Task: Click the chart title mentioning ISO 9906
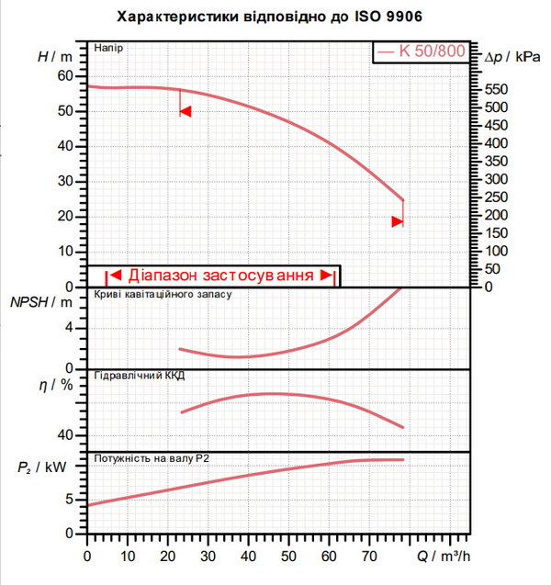click(x=269, y=17)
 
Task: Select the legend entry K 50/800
click(x=422, y=51)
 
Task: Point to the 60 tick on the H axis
click(x=65, y=75)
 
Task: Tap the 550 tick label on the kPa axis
click(x=496, y=90)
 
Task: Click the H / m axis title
click(x=55, y=57)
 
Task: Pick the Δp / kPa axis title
click(x=512, y=57)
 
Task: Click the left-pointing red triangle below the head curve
click(x=186, y=111)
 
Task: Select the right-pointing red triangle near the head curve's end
click(x=398, y=221)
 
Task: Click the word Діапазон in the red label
click(x=163, y=276)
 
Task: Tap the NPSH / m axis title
click(x=41, y=302)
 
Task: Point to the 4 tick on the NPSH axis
click(x=69, y=328)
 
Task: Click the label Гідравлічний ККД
click(x=140, y=376)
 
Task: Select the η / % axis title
click(x=56, y=384)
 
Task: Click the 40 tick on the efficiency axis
click(x=65, y=435)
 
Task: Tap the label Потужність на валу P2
click(x=152, y=458)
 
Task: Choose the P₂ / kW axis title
click(x=41, y=467)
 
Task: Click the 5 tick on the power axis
click(x=70, y=500)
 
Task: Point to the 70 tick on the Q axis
click(x=369, y=557)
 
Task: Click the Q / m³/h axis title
click(x=444, y=557)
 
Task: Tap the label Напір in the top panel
click(x=108, y=48)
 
